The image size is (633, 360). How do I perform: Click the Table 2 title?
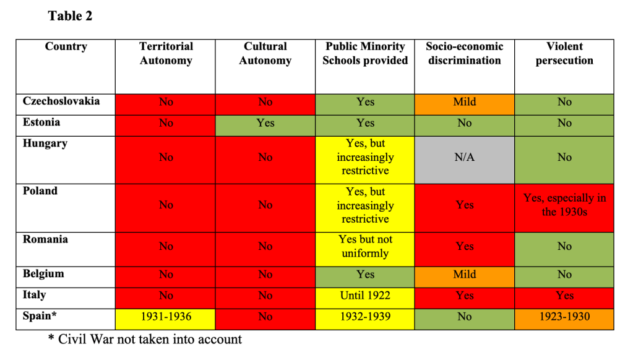(70, 17)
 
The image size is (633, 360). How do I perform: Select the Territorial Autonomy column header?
(166, 54)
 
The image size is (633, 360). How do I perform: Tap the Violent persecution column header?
(564, 54)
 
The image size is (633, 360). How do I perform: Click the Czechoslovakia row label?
(61, 101)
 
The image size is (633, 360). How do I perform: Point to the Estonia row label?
(41, 122)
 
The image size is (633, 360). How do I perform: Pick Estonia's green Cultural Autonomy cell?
(265, 124)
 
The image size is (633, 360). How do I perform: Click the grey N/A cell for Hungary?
(465, 158)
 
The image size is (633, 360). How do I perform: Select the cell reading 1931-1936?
(166, 317)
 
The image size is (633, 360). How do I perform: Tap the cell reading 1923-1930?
(564, 317)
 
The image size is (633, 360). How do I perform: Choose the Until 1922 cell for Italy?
(365, 296)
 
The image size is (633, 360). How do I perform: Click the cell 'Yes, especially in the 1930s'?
(564, 205)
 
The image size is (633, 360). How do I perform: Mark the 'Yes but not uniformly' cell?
(365, 246)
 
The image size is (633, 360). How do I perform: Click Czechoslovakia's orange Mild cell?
(465, 102)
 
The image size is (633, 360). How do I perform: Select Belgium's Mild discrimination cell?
(465, 275)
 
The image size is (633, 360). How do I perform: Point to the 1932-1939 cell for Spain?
(365, 317)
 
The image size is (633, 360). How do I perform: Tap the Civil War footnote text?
(145, 339)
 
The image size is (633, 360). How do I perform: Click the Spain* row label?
(40, 315)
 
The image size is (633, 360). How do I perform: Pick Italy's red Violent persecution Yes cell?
(564, 296)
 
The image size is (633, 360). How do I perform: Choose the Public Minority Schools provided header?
(365, 54)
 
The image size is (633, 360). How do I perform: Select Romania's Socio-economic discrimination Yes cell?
(465, 246)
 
